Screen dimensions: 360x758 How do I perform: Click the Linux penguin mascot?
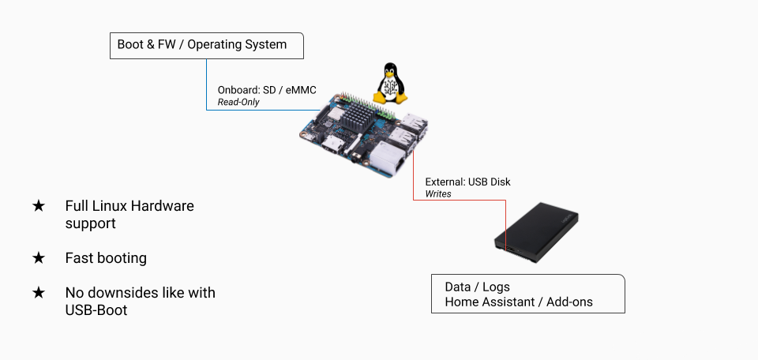[x=389, y=83]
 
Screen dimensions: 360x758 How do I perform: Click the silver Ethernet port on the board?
[x=388, y=163]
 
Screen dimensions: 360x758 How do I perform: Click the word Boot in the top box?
[x=130, y=45]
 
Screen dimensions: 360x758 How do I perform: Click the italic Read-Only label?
[x=238, y=103]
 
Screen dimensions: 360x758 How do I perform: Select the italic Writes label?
[x=438, y=194]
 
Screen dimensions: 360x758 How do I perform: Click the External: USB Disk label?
[x=467, y=182]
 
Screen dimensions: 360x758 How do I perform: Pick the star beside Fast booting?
[x=39, y=258]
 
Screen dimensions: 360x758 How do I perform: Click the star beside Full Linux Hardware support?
[x=39, y=206]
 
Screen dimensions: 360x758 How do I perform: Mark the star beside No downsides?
[x=39, y=293]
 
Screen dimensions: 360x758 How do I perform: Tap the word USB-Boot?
[x=96, y=310]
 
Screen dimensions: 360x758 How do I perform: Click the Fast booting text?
[x=106, y=258]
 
